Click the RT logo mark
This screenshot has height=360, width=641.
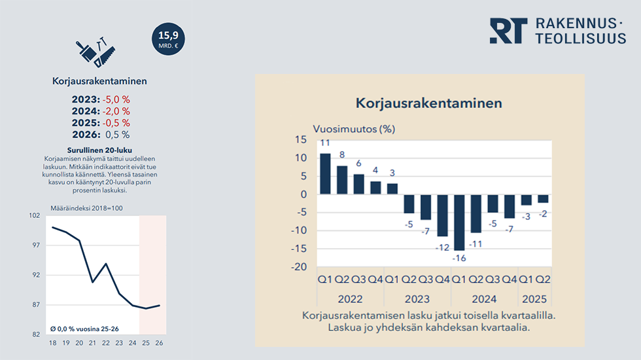click(x=508, y=31)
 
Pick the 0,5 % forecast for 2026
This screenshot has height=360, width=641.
click(x=117, y=135)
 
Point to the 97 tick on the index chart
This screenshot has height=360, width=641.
click(x=36, y=245)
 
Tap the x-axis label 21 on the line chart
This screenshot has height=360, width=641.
click(x=93, y=342)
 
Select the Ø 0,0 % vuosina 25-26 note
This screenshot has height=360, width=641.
click(x=84, y=329)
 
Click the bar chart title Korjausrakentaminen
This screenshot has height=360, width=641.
click(x=428, y=103)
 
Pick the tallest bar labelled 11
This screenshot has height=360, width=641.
click(x=325, y=173)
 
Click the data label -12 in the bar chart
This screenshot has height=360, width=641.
click(x=443, y=247)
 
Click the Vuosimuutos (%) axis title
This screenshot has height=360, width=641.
click(x=353, y=128)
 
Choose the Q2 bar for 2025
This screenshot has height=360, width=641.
click(x=544, y=198)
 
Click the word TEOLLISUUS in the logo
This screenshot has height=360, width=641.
click(x=580, y=39)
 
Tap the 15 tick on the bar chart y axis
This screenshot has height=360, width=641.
click(x=300, y=139)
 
